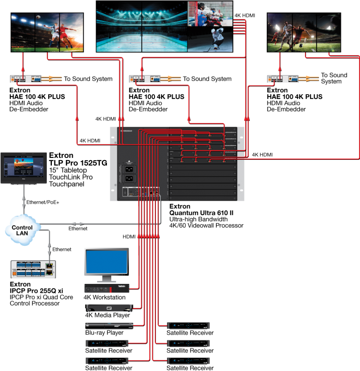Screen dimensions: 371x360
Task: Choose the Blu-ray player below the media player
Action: [109, 325]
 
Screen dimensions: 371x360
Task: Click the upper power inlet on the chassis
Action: [130, 169]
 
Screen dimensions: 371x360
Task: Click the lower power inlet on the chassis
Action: [130, 178]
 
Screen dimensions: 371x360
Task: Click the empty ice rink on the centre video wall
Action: [142, 40]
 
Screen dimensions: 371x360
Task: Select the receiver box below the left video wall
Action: [25, 79]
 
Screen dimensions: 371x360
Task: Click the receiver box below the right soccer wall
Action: [282, 79]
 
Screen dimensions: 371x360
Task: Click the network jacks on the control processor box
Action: [49, 269]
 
